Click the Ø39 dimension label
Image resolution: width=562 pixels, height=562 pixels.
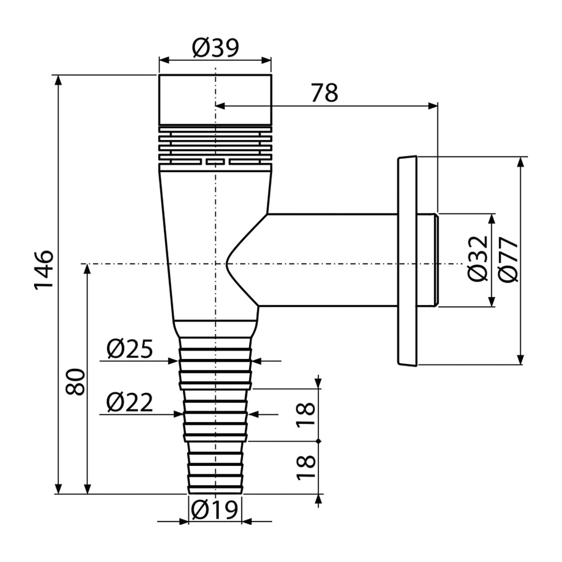click(215, 48)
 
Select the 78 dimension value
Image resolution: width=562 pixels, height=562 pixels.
click(324, 93)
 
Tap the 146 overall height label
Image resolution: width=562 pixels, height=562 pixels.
click(44, 269)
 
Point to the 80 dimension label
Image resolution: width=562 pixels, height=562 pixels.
click(76, 382)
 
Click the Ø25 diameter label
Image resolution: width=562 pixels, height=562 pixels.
click(130, 349)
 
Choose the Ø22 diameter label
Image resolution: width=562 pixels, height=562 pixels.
click(130, 402)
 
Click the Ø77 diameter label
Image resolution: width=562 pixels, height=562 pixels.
click(508, 260)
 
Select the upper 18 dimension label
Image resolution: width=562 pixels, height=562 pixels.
click(305, 415)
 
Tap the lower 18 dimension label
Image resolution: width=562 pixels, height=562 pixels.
click(305, 468)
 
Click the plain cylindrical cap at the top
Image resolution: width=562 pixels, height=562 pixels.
click(215, 100)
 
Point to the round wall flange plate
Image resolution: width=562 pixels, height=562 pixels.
click(407, 261)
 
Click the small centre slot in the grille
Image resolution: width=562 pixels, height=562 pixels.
click(215, 162)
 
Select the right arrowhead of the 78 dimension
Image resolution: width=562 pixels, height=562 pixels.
click(432, 106)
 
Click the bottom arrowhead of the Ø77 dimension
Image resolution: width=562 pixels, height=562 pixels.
click(521, 359)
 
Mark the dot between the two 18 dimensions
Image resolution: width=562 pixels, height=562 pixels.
click(319, 441)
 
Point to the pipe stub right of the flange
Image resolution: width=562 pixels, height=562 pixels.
click(428, 261)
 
